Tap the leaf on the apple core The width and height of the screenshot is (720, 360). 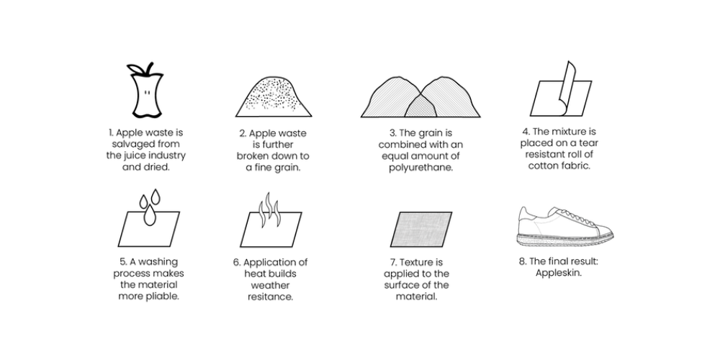(x=136, y=69)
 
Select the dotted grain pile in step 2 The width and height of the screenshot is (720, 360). (x=274, y=96)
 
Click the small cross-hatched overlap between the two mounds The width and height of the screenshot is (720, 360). (x=420, y=107)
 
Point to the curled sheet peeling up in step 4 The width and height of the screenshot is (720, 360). (x=566, y=87)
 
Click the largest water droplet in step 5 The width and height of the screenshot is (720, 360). (x=149, y=215)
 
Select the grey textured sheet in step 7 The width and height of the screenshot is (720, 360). (x=421, y=230)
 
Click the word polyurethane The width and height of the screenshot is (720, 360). (x=421, y=168)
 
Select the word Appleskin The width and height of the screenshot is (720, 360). (x=559, y=273)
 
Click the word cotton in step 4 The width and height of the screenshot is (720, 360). (x=542, y=166)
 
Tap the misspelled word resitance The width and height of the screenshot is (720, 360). (x=271, y=297)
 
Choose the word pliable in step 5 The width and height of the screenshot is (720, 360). (x=162, y=296)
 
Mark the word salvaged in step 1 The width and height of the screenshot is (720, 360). (x=130, y=144)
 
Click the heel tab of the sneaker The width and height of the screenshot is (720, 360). (x=525, y=212)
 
